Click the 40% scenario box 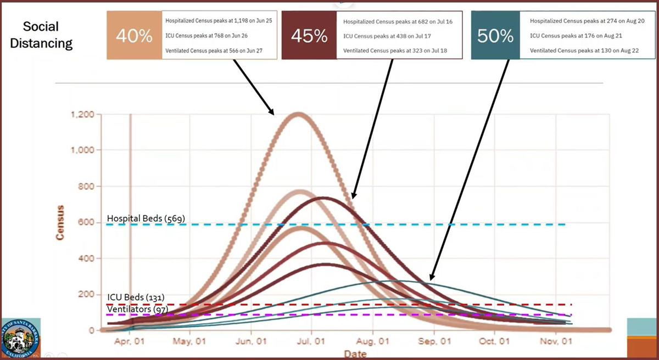[x=134, y=36]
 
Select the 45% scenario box [x=309, y=36]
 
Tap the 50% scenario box [x=495, y=36]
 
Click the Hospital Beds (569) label [x=146, y=218]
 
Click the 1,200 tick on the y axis [x=82, y=115]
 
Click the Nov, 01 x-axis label [x=555, y=341]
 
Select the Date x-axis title [x=355, y=354]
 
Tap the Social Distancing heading [x=47, y=35]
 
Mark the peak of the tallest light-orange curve [x=298, y=114]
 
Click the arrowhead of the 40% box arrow [x=272, y=113]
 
